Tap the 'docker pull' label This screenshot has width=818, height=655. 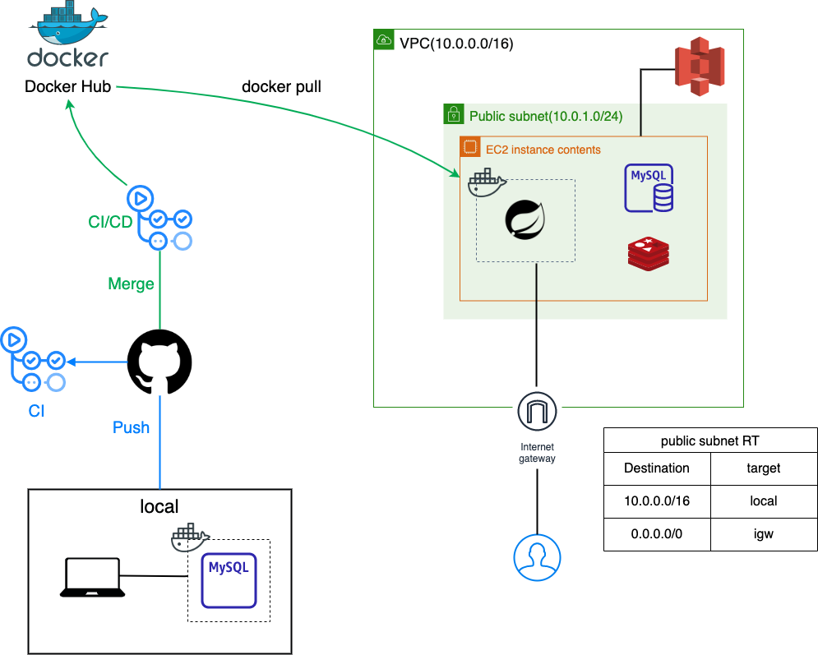(281, 87)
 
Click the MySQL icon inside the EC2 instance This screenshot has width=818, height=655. (649, 187)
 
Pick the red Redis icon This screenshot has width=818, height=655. (648, 252)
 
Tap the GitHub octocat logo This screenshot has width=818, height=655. (159, 362)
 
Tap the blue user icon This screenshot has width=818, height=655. (537, 556)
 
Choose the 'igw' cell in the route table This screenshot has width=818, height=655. (764, 533)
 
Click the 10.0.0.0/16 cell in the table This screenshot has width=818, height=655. (656, 500)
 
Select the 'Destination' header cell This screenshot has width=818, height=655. (656, 468)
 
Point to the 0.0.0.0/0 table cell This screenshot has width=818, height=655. (656, 533)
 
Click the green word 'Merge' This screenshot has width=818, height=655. (131, 284)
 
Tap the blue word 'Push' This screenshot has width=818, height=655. (131, 427)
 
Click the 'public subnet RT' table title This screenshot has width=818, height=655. (709, 441)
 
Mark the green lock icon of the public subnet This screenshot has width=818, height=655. (453, 113)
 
